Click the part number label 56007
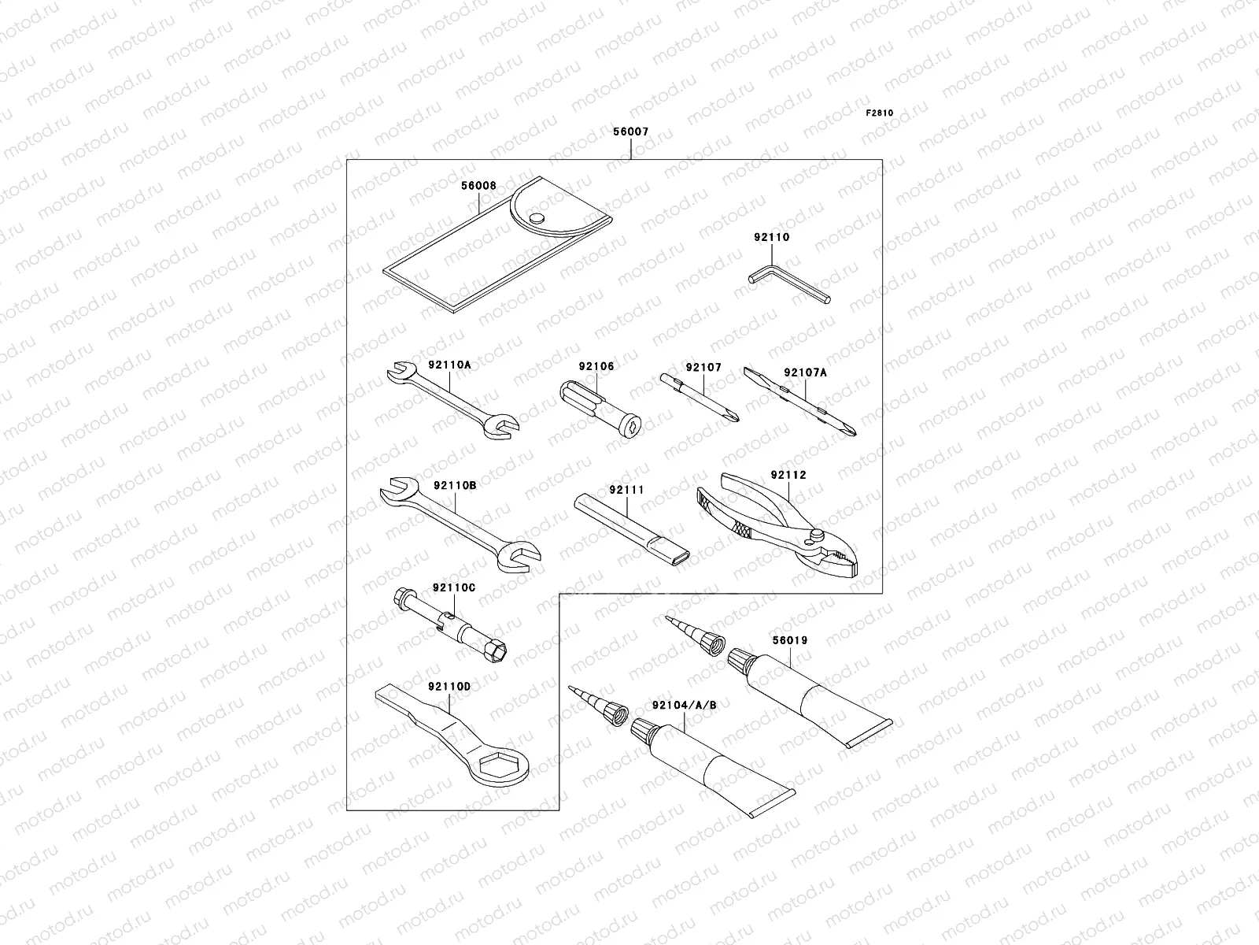[x=630, y=132]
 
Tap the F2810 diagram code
[x=880, y=113]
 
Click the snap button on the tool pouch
[x=537, y=217]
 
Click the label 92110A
[x=449, y=365]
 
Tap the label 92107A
[x=805, y=373]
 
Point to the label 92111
[x=626, y=490]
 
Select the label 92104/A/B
[x=684, y=705]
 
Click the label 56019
[x=788, y=640]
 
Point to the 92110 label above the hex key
[x=771, y=237]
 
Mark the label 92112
[x=788, y=475]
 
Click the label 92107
[x=703, y=368]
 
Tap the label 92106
[x=596, y=366]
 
